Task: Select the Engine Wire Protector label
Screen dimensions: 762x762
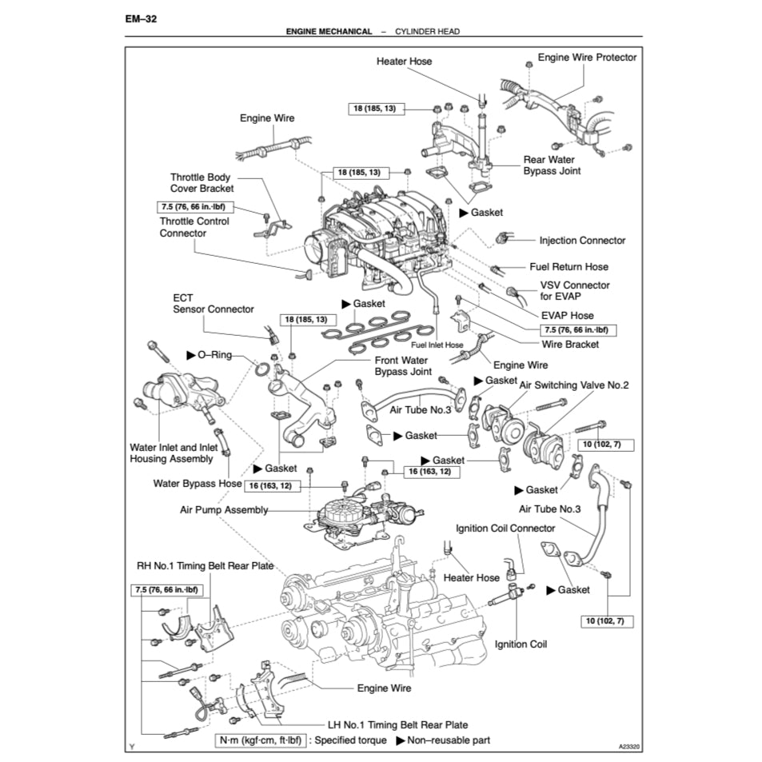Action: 587,58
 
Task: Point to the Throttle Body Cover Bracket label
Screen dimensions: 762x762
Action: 201,183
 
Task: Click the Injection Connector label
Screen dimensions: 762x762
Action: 582,240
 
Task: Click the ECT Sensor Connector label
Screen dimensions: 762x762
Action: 213,303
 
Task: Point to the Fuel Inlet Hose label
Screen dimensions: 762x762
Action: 437,345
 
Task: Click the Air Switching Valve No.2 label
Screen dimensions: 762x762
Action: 574,385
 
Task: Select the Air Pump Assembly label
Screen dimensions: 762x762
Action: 223,509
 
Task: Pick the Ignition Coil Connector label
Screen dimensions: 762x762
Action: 505,528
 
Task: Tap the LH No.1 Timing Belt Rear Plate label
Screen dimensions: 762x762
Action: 387,724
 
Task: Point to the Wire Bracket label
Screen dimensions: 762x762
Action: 570,344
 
